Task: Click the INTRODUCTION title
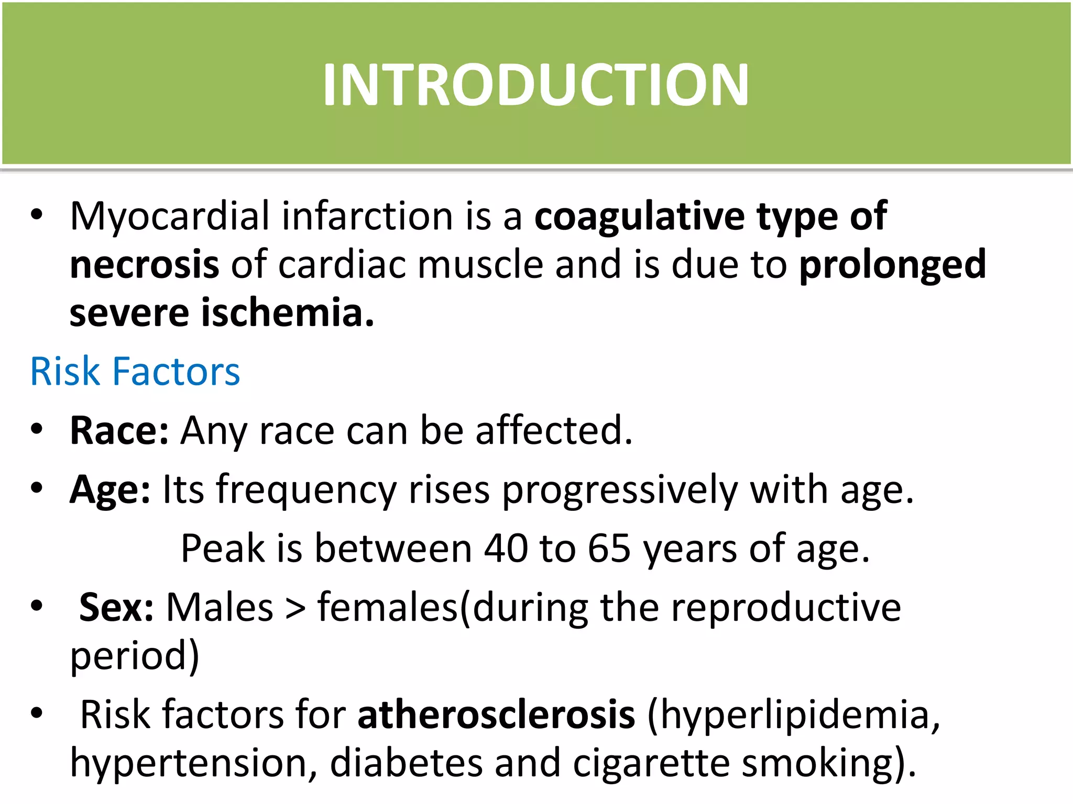(535, 85)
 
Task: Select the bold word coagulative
(639, 216)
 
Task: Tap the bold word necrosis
(144, 264)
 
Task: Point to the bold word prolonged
(892, 264)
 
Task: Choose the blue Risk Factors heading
(135, 372)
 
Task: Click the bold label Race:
(119, 431)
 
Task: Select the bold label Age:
(110, 490)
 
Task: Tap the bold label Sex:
(116, 608)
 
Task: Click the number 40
(506, 549)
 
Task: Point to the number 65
(609, 549)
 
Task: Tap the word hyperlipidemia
(794, 716)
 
